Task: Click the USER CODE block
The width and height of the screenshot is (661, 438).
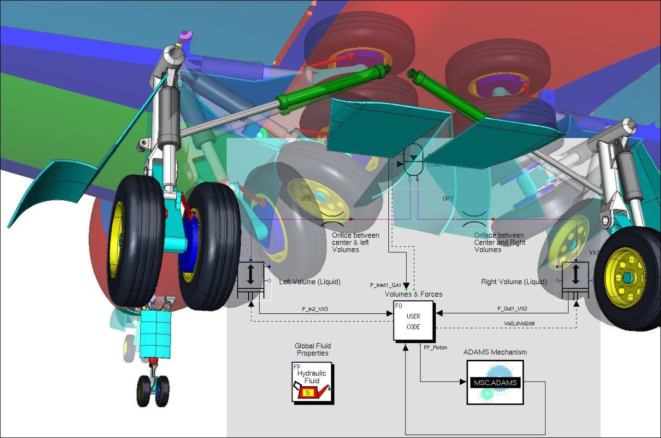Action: (x=413, y=321)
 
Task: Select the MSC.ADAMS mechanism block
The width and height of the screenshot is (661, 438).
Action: (x=494, y=382)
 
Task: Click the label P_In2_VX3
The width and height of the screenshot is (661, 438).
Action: (x=315, y=309)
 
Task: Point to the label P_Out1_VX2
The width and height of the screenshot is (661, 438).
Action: (x=512, y=309)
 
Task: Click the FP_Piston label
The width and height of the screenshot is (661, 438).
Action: (x=435, y=347)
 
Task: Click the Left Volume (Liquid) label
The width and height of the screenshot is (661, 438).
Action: (x=310, y=282)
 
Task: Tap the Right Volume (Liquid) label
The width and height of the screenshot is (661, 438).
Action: (x=513, y=282)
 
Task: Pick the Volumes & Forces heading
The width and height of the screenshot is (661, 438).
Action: (x=413, y=294)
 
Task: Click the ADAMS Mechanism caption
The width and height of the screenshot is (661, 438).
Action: (x=495, y=352)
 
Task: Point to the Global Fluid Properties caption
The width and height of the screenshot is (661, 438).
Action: (x=313, y=349)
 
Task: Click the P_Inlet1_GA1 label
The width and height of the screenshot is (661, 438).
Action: (x=385, y=285)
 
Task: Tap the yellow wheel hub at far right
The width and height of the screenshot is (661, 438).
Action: (x=626, y=277)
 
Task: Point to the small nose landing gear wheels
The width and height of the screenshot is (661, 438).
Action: (x=153, y=391)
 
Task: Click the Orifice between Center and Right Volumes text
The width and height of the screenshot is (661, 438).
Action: (x=499, y=242)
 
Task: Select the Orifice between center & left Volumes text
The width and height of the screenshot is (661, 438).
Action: (x=356, y=242)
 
